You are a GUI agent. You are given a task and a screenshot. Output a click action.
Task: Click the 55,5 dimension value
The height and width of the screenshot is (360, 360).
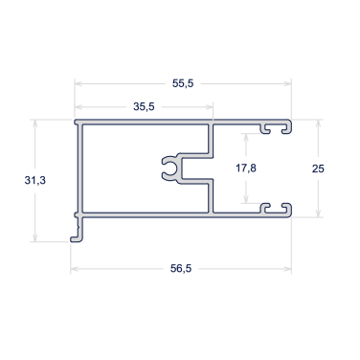[x=183, y=83]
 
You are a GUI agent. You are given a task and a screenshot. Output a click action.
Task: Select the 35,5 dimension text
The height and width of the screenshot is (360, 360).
[x=144, y=106]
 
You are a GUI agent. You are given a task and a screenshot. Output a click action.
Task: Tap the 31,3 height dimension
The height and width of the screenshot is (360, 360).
[x=35, y=180]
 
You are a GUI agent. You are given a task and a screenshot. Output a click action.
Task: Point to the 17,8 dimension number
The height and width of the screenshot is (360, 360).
[x=246, y=168]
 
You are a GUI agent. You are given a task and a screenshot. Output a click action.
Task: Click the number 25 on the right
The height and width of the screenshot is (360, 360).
[x=318, y=169]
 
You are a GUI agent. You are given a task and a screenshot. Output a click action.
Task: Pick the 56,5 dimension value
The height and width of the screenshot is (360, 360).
[x=181, y=269]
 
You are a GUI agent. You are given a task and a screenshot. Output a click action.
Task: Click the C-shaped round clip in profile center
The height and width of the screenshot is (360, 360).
[x=169, y=169]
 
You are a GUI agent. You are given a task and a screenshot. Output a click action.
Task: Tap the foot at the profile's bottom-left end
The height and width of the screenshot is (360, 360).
[x=77, y=238]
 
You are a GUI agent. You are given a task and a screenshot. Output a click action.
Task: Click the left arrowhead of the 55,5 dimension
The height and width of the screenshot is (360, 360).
[x=79, y=83]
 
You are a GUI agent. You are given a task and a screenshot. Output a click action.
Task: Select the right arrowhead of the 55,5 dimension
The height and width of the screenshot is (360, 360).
[x=287, y=83]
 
